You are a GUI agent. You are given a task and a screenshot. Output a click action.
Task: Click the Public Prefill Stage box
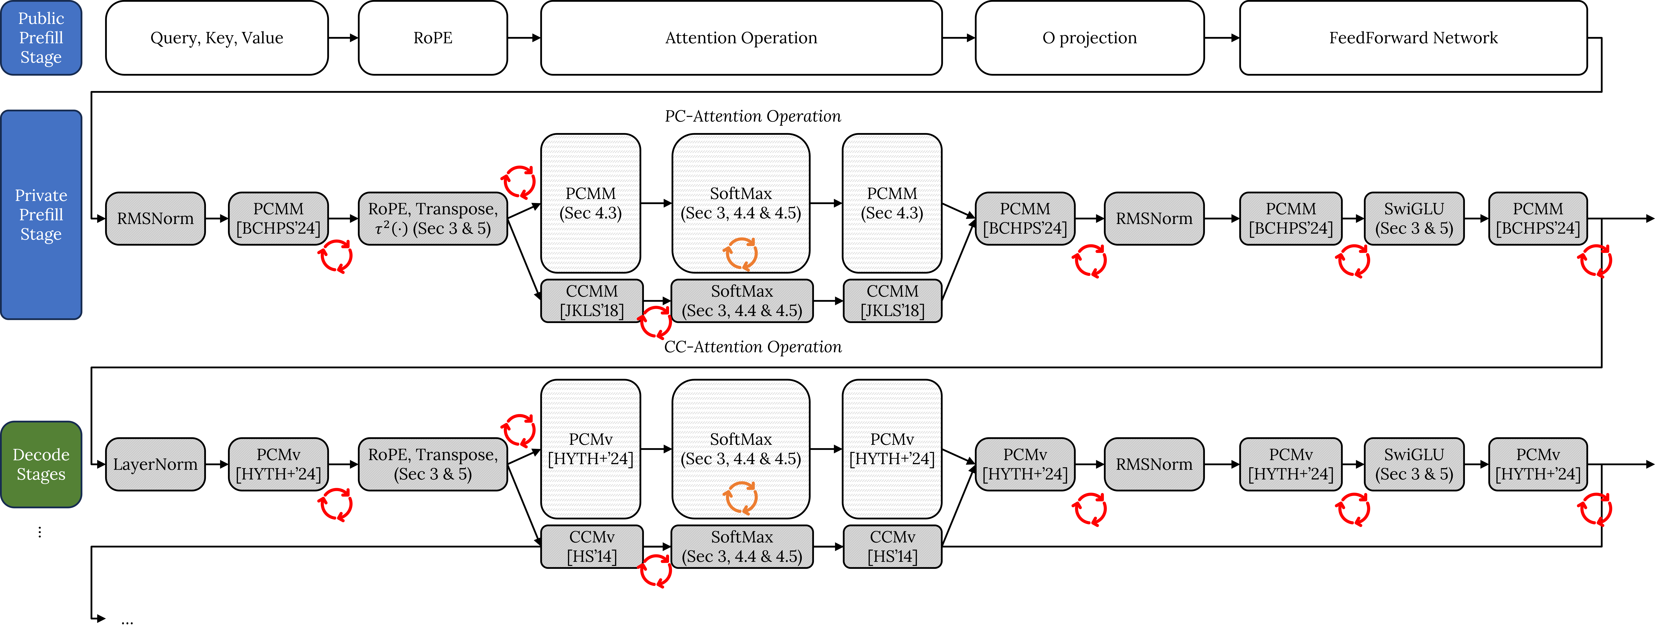click(41, 37)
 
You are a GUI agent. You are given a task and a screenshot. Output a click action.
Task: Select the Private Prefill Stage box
click(41, 214)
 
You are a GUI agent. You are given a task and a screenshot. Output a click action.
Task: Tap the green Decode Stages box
click(41, 464)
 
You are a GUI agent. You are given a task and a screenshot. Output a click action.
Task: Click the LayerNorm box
click(155, 464)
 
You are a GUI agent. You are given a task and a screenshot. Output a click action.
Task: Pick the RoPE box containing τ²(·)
click(433, 218)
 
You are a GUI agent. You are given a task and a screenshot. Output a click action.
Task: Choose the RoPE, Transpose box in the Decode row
click(433, 464)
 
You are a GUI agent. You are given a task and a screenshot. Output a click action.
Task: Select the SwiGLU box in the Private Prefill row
click(1414, 218)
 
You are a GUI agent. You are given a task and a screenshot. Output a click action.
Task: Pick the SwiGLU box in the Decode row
click(1414, 464)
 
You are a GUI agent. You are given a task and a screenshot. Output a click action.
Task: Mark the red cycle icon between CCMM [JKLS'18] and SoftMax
click(655, 322)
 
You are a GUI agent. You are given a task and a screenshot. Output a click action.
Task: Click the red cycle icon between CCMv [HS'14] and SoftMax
click(655, 571)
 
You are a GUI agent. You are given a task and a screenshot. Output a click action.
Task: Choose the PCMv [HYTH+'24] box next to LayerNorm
click(278, 464)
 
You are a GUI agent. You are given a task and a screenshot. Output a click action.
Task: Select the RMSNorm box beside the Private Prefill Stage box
click(155, 218)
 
